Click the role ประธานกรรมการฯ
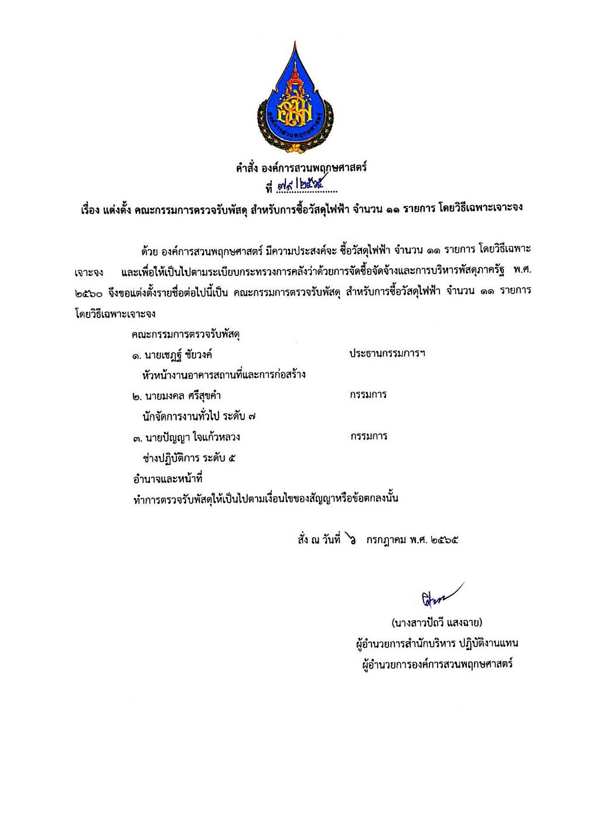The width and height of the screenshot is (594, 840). click(387, 354)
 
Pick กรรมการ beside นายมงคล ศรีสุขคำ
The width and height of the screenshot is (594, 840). click(368, 395)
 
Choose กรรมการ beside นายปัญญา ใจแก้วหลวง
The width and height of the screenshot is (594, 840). click(368, 436)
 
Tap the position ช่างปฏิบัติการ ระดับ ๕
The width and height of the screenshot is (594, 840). click(189, 458)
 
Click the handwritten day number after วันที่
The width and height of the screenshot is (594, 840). click(351, 538)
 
